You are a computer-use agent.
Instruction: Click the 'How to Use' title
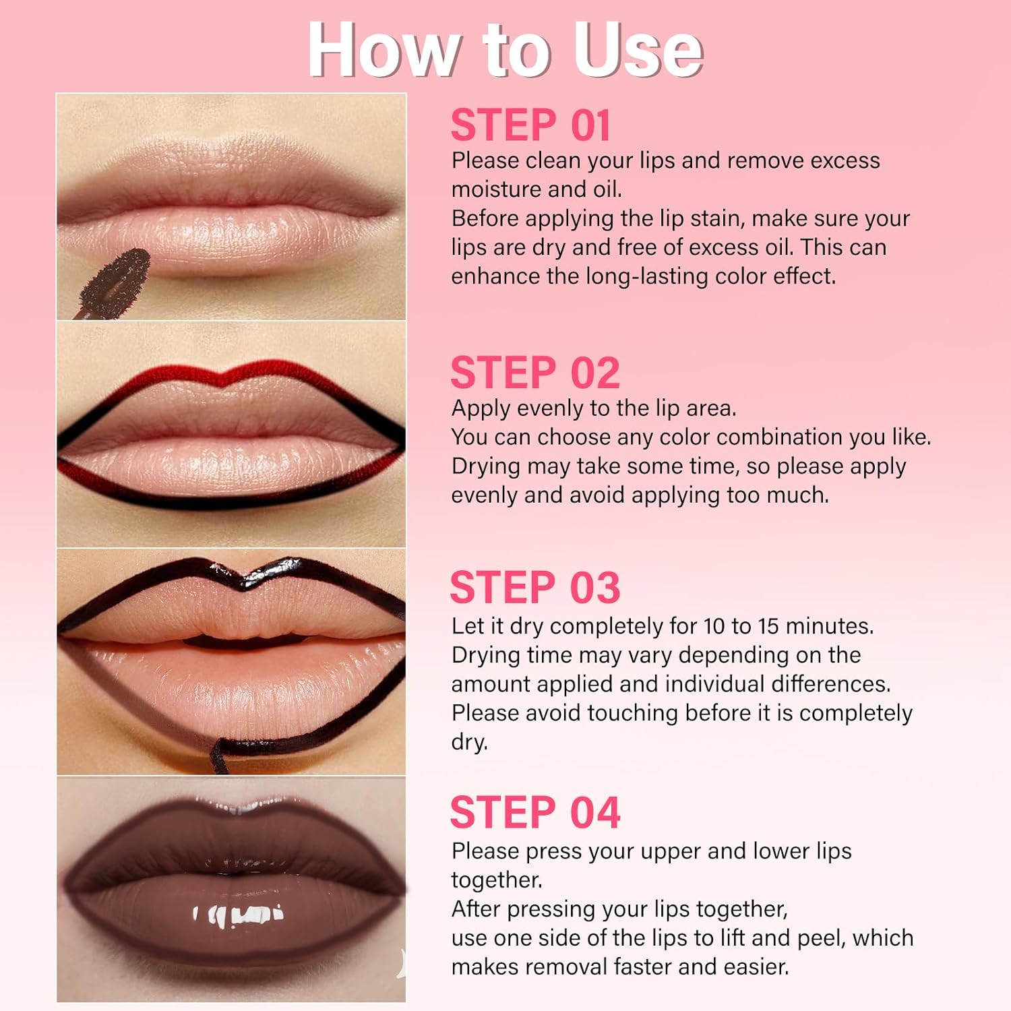[506, 50]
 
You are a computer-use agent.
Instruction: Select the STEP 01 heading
[530, 125]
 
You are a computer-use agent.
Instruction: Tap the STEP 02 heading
[535, 373]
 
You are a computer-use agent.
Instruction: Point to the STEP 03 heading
[535, 587]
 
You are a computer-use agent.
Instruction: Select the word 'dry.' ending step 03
[469, 742]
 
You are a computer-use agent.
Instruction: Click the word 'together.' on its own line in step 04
[497, 880]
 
